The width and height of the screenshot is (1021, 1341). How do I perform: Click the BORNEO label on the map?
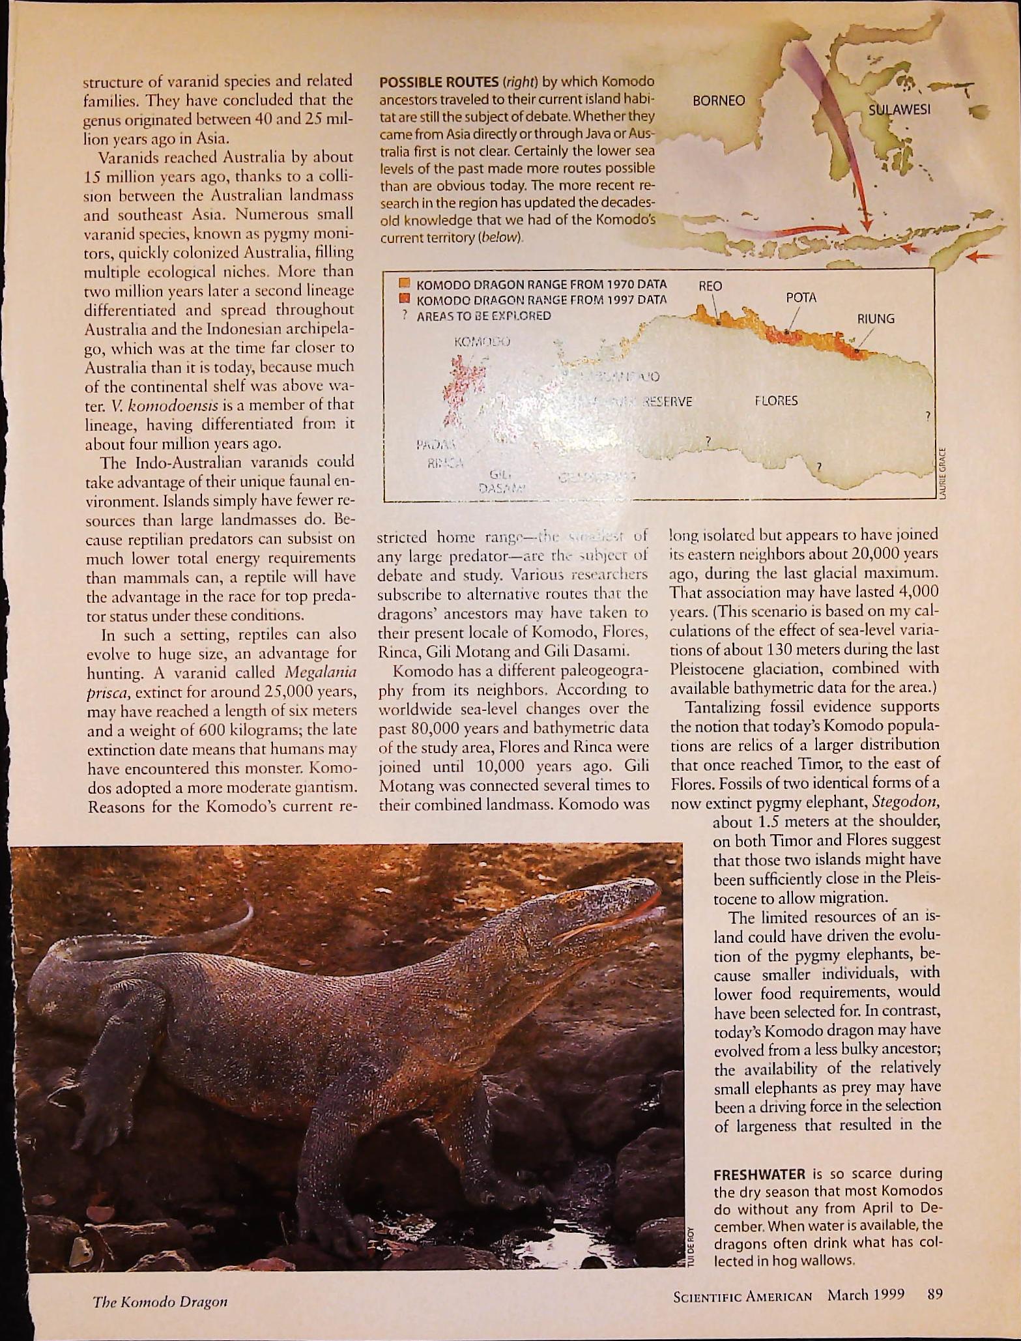[719, 101]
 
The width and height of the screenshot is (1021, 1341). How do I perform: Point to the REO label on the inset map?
[710, 286]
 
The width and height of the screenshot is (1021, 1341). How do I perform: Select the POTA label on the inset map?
[801, 298]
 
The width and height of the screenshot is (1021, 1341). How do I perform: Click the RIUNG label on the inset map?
[875, 319]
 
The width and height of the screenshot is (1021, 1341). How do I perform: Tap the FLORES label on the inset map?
[776, 401]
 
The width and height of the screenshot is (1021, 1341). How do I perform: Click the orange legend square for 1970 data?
[404, 284]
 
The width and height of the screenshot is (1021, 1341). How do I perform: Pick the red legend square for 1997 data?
[404, 299]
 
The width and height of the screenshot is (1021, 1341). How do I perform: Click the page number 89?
[935, 1294]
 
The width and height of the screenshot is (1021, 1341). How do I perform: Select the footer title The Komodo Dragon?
[160, 1303]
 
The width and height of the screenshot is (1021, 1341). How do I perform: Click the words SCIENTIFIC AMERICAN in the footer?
[743, 1295]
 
